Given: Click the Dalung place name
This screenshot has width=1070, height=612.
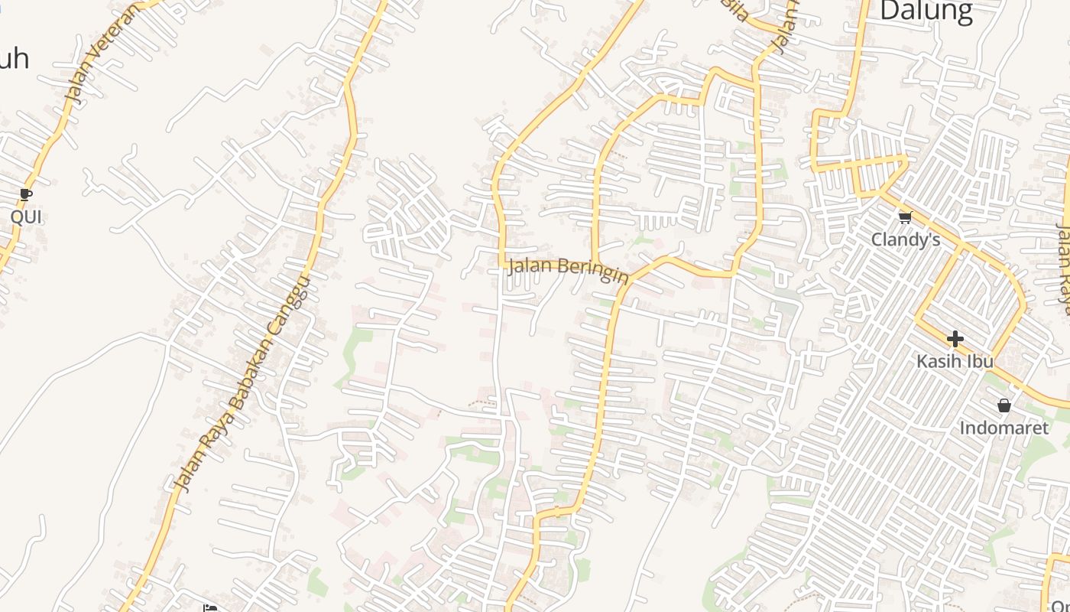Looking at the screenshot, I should point(926,11).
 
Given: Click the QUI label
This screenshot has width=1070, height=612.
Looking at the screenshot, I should point(26,217).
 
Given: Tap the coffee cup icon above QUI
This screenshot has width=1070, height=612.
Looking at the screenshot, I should point(26,195).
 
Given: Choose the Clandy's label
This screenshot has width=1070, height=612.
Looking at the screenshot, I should point(906,240).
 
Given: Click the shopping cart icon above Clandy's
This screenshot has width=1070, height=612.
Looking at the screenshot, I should point(906,218).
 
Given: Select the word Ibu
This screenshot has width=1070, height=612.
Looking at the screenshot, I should point(979,361).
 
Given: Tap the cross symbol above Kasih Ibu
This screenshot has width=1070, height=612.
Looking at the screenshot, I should point(955,338).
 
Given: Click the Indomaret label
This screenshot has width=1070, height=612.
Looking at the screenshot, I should point(1004,428).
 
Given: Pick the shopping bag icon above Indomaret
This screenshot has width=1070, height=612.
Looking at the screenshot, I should point(1004,405).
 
